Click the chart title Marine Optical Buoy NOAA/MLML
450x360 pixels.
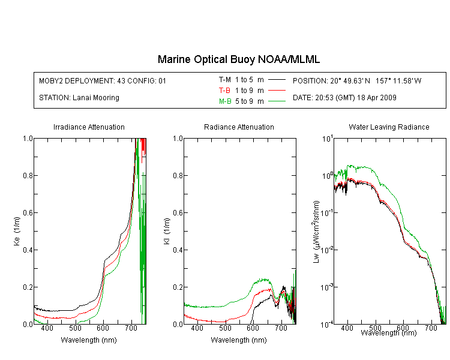click(x=239, y=60)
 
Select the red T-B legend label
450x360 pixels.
click(x=224, y=91)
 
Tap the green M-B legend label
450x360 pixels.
click(x=225, y=101)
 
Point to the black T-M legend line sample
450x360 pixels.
click(x=277, y=80)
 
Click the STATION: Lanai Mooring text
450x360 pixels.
click(x=79, y=98)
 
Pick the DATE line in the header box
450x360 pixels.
click(x=344, y=98)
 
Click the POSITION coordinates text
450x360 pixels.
click(x=357, y=81)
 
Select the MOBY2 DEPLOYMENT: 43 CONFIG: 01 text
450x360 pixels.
click(x=103, y=81)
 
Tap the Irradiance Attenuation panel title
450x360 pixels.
click(x=89, y=127)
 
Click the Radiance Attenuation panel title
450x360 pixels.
click(x=239, y=127)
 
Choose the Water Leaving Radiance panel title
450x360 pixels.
click(x=389, y=127)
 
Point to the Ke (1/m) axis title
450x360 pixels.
click(x=17, y=232)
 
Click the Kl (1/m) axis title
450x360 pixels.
click(x=167, y=232)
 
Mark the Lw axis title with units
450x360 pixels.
click(x=316, y=232)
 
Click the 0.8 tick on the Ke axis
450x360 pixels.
click(x=28, y=175)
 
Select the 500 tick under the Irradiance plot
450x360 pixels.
click(x=75, y=328)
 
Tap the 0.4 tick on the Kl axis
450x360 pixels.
click(x=178, y=250)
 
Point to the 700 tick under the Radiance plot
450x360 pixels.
click(x=281, y=328)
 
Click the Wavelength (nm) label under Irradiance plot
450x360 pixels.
click(x=89, y=340)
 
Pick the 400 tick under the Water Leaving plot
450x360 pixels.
click(x=347, y=328)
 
